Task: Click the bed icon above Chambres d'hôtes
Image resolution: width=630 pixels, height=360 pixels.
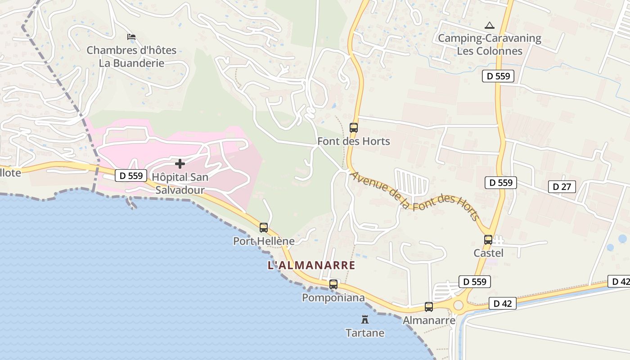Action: pos(131,37)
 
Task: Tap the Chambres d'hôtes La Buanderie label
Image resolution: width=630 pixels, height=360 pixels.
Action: pos(131,56)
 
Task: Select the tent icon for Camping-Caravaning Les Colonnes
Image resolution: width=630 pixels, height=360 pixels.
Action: pos(490,26)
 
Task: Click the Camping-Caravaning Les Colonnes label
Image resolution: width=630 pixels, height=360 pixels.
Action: pos(490,44)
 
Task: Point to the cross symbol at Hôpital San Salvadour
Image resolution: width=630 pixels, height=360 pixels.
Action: pos(180,164)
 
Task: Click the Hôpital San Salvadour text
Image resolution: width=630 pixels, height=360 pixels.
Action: pos(180,184)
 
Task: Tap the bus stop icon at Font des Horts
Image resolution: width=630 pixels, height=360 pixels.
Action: pos(354,128)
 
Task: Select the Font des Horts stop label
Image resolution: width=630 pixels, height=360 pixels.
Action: pos(354,141)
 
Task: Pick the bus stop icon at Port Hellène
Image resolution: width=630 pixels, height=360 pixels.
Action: pos(264,228)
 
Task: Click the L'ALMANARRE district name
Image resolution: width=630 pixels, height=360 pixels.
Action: pos(311,265)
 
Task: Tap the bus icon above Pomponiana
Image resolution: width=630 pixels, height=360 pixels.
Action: pos(333,284)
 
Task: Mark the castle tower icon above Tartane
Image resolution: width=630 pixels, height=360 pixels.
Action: pos(365,320)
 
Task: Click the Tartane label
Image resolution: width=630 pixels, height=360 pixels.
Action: pos(365,333)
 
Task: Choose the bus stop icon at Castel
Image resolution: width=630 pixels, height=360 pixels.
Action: pos(488,240)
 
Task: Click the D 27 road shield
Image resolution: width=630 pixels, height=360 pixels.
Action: pos(562,186)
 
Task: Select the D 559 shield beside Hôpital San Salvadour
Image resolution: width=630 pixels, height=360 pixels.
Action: pos(131,175)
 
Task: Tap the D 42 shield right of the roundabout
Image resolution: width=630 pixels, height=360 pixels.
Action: pos(503,303)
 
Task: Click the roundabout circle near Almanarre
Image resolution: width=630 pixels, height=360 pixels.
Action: pos(458,306)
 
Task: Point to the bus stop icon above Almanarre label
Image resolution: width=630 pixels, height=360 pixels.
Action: pos(429,307)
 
